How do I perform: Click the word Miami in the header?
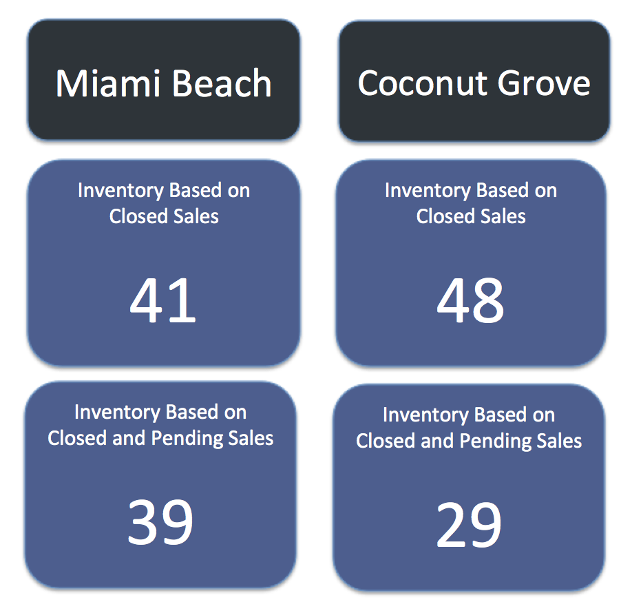coord(107,83)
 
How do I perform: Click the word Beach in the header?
coord(222,83)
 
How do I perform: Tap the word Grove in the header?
coord(544,83)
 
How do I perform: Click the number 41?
coord(162,300)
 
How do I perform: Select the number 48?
coord(470,300)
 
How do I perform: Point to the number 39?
coord(160,521)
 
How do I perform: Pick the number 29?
coord(469,524)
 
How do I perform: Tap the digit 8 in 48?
coord(488,300)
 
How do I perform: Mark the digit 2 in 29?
coord(452,524)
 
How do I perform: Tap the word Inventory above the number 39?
coord(117,413)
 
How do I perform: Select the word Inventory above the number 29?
coord(425,415)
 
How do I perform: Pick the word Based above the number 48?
coord(502,190)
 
